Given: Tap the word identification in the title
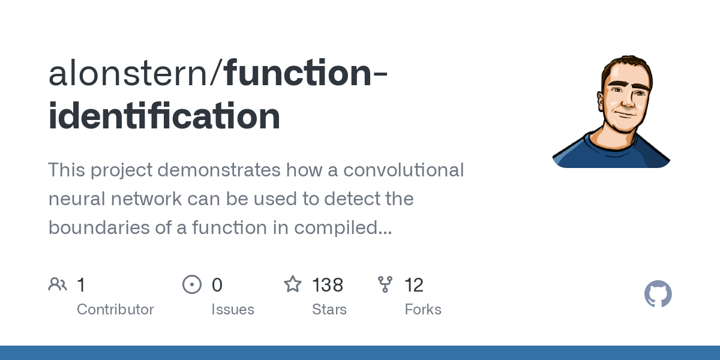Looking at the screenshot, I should pos(164,116).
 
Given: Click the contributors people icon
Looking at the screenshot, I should pos(58,284).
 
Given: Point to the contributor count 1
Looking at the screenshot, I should pos(81,285).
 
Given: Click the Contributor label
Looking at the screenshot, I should pos(115,310).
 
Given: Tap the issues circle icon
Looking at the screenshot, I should pos(192,284).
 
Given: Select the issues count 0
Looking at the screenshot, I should pos(217,285).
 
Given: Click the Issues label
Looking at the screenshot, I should pos(233,310).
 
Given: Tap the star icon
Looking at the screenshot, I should pos(293,284).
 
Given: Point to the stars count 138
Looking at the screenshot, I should pos(328,285).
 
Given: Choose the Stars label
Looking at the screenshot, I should pos(329,310).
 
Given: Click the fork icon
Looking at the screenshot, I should pos(385,284).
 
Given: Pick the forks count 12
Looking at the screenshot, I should pos(414,285).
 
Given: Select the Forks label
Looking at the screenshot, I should pos(423,310).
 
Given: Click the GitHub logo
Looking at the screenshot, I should pos(658,295).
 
